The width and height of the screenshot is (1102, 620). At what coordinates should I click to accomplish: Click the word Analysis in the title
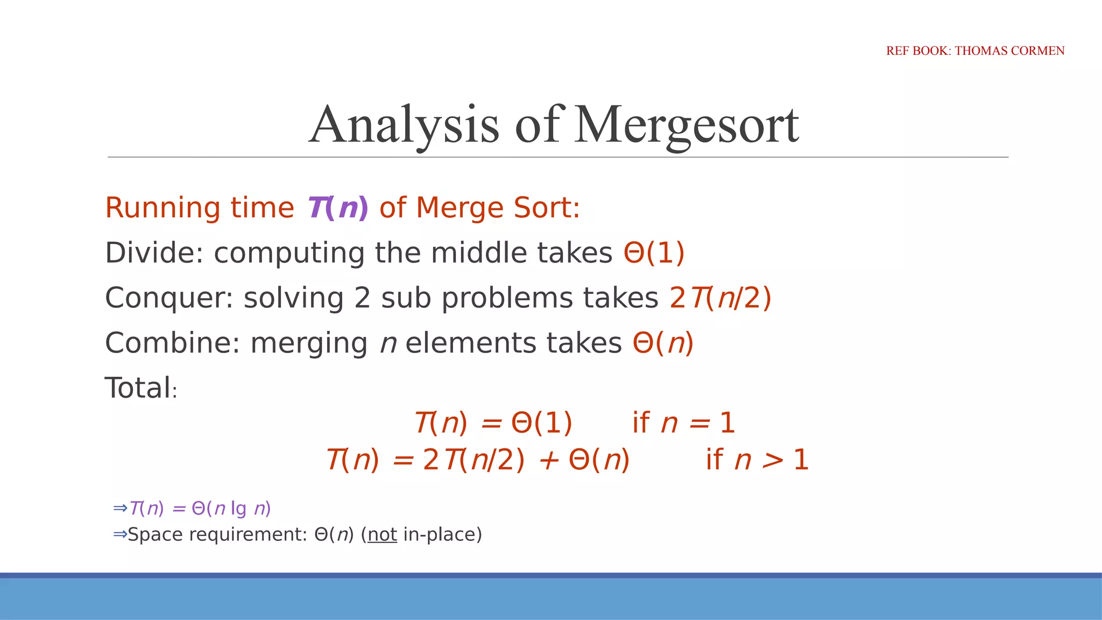[404, 125]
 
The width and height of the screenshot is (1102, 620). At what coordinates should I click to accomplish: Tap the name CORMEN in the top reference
[1038, 51]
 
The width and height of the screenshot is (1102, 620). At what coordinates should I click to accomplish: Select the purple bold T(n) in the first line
[337, 208]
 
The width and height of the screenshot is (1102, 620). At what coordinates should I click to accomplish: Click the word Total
[138, 388]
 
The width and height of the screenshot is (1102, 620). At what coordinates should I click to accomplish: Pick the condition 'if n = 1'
[683, 422]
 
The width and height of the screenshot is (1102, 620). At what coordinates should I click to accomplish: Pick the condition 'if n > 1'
[757, 460]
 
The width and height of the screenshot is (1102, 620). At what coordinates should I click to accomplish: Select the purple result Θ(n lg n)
[231, 509]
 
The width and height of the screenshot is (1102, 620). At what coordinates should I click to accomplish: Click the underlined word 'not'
[382, 534]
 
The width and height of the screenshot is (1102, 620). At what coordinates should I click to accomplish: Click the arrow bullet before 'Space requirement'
[119, 534]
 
